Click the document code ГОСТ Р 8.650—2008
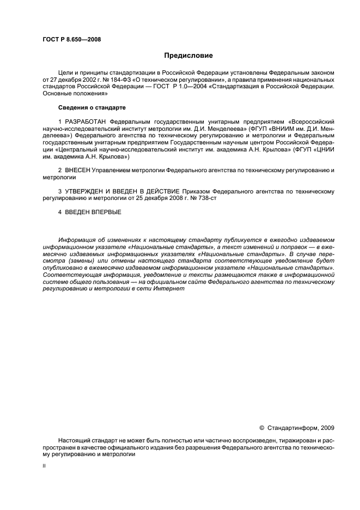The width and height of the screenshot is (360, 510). coord(71,39)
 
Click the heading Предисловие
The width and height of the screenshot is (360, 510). coord(188,56)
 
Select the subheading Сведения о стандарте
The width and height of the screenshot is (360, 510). coord(84,107)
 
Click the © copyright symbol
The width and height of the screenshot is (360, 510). coord(261,428)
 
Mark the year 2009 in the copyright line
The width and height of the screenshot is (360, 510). coord(327,428)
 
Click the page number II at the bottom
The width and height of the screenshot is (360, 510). coord(44,466)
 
